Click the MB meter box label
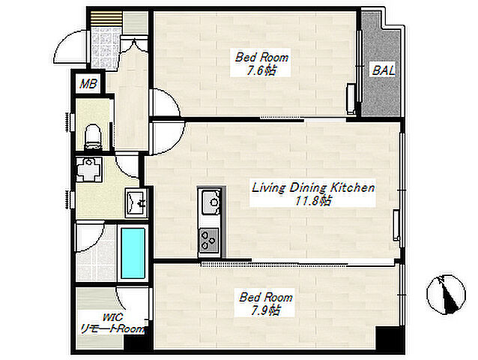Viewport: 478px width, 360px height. pos(88,83)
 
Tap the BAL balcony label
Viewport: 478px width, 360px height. pos(384,70)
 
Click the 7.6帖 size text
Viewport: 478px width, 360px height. pos(261,71)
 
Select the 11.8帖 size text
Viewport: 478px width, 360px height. pos(312,201)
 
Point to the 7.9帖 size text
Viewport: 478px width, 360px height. pos(265,310)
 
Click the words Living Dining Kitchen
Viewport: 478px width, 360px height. pos(313,187)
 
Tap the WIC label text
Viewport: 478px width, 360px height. pos(112,317)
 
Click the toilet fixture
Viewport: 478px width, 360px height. pos(93,136)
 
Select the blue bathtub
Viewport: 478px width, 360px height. pos(133,253)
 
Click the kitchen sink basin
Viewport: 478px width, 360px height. pos(211,201)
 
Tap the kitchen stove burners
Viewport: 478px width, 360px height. pos(208,239)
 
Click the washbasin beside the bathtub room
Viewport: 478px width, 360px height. pos(136,202)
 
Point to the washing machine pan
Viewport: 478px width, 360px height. pos(88,169)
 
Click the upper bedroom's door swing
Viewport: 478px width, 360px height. pos(166,101)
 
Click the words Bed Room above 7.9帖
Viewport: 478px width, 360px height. pos(265,297)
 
